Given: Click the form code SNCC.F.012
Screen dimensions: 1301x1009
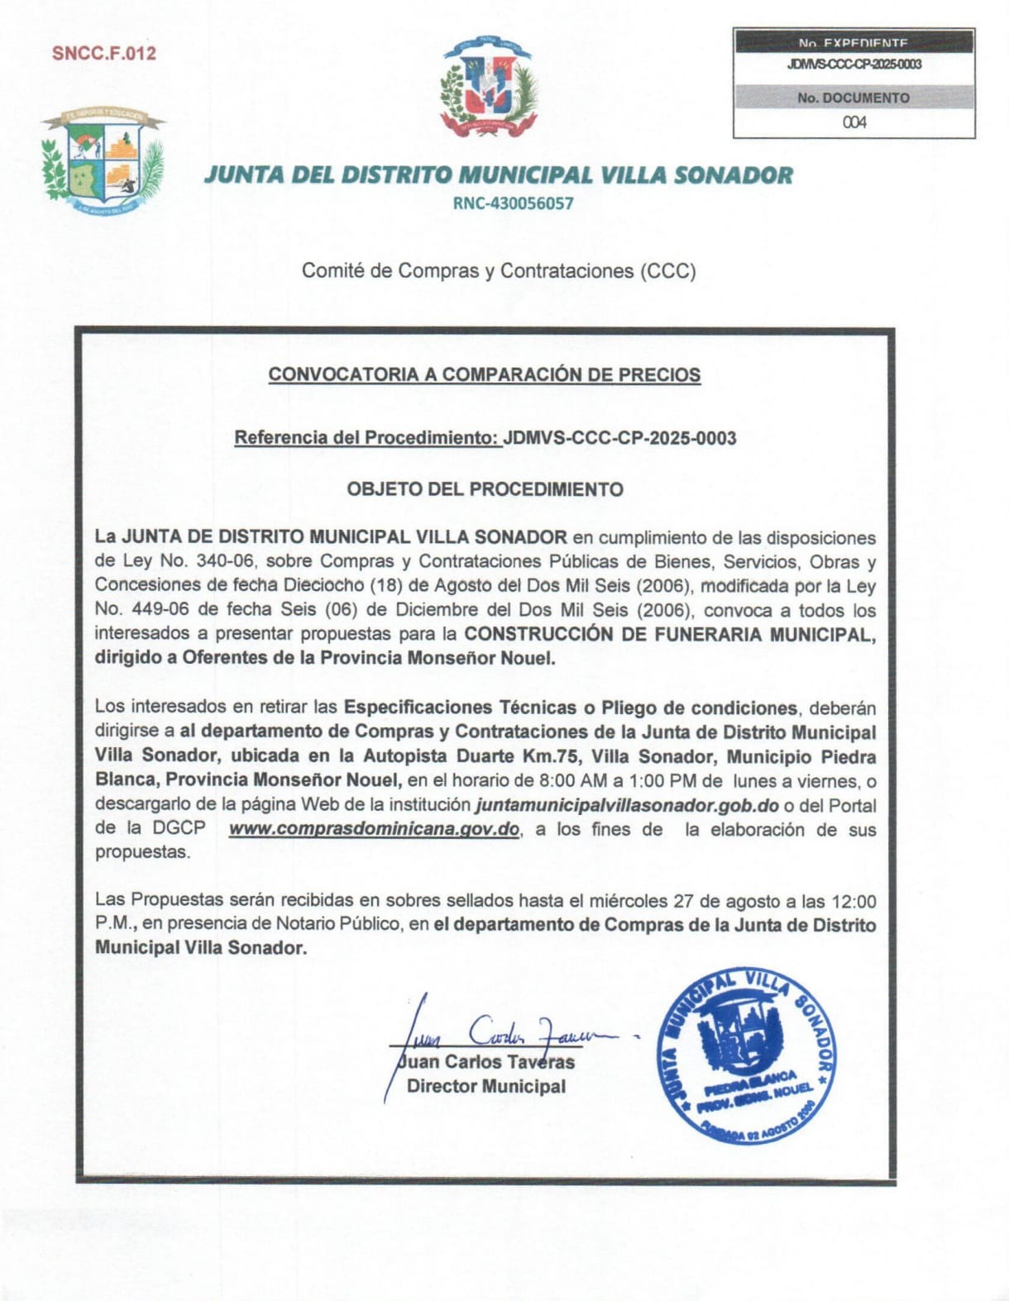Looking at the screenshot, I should (x=103, y=54).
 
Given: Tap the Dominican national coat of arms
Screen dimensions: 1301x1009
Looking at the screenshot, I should (x=490, y=87).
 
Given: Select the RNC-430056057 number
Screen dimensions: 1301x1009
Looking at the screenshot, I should (x=513, y=203).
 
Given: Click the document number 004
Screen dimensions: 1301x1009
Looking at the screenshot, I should (x=854, y=122).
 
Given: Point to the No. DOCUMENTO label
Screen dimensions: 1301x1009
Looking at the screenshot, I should (x=854, y=98).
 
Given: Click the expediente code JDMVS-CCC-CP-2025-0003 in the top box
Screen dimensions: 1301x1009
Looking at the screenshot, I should (x=854, y=64).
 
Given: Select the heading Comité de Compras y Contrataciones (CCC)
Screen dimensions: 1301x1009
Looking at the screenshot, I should (x=499, y=270).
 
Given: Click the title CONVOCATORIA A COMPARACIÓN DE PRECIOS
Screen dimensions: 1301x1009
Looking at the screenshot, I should (x=484, y=374).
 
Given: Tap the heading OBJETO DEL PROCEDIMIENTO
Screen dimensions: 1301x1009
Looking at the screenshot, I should (x=485, y=489).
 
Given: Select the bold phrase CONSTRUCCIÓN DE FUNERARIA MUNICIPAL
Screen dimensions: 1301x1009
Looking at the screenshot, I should (x=668, y=634).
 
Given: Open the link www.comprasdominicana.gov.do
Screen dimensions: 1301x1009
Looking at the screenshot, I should (x=374, y=829).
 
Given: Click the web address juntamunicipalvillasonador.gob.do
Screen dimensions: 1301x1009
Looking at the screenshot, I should (x=627, y=805).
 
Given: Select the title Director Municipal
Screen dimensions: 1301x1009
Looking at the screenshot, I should (x=486, y=1086).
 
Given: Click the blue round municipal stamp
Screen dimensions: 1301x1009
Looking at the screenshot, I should (x=746, y=1054).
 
